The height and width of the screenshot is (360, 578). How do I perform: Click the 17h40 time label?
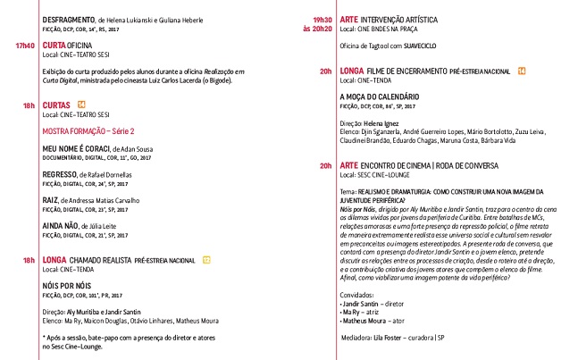click(24, 45)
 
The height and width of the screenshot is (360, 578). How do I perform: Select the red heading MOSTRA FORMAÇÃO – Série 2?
click(96, 130)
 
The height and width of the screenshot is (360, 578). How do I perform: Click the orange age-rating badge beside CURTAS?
click(81, 105)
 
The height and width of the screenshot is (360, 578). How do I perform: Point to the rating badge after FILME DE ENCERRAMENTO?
click(522, 70)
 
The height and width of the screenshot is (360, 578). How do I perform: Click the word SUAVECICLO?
click(436, 49)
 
